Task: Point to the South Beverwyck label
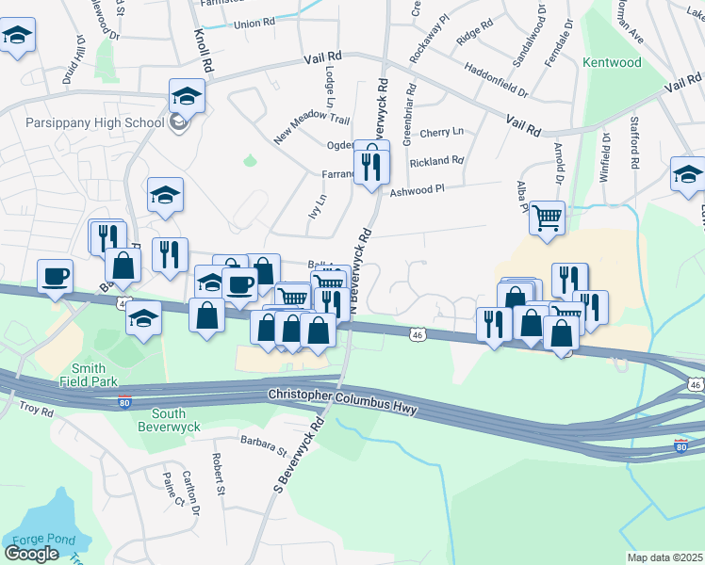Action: [x=169, y=421]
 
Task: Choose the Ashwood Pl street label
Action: [x=416, y=190]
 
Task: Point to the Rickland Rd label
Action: [x=436, y=161]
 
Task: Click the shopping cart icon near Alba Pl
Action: [x=547, y=218]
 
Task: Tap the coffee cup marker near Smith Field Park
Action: [x=55, y=276]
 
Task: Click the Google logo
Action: [x=31, y=553]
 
